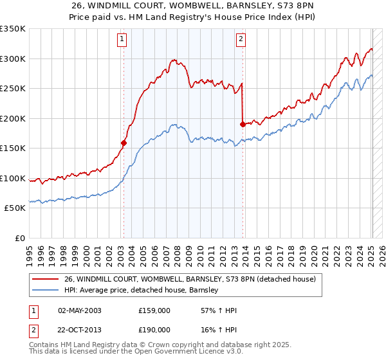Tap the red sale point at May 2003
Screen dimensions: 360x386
click(x=124, y=143)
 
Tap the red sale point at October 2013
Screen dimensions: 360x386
click(x=243, y=125)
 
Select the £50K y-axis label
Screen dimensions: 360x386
click(x=15, y=208)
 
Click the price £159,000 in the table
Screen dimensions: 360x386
click(x=154, y=310)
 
